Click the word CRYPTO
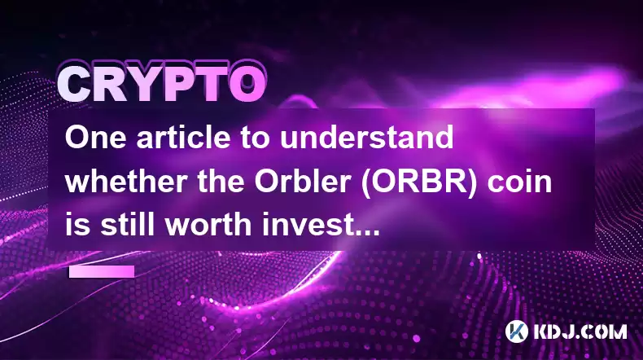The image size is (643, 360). pos(162,83)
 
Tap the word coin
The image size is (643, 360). pos(519,181)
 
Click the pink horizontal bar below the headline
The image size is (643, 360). pos(102,271)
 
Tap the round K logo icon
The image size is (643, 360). pos(516,331)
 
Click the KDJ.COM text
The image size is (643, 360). pos(580,331)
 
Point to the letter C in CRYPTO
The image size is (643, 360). pos(75,85)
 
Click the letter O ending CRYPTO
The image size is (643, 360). pos(247,85)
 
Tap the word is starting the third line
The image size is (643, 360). pos(77,225)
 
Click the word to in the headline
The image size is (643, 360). pos(255,138)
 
